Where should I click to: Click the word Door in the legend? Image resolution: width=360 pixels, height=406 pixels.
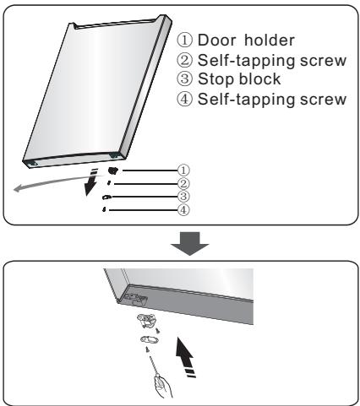pos(215,40)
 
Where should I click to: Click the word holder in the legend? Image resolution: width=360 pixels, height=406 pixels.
pos(270,40)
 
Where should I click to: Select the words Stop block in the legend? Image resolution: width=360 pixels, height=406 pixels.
pos(239,78)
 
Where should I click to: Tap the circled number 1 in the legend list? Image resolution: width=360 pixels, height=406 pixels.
pos(184,40)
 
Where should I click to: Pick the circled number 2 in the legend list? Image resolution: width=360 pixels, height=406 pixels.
pos(184,60)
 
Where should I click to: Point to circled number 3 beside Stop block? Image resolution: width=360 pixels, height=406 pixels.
pos(184,78)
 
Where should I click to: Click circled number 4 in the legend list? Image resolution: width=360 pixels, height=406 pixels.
pos(184,99)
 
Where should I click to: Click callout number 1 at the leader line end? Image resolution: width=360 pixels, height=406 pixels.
pos(183,170)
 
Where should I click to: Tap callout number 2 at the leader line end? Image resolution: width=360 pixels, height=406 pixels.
pos(183,183)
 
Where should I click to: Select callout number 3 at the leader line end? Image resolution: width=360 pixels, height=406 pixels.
pos(183,196)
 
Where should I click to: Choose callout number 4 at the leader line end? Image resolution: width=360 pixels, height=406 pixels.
pos(183,209)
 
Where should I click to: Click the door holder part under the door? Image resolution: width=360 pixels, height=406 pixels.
pos(113,171)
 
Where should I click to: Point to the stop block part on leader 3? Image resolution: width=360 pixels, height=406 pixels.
pos(106,197)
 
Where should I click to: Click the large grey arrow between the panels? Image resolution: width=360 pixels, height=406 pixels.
pos(189,244)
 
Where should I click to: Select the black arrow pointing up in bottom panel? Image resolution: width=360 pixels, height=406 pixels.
pos(185,357)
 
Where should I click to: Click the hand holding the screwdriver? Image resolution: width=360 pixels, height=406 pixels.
pos(163,387)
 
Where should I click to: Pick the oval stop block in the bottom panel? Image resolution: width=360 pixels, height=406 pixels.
pos(150,339)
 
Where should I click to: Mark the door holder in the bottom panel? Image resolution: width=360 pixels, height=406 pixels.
pos(146,321)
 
